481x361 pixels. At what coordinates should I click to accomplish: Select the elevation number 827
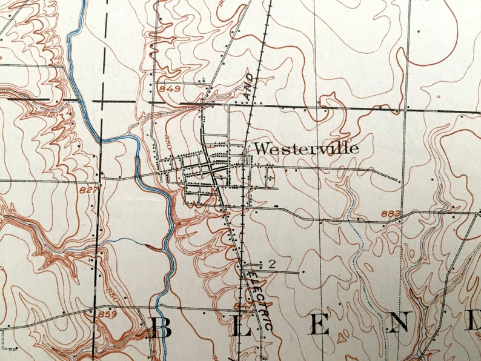[x=87, y=190]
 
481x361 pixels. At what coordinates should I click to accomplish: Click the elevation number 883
[x=392, y=213]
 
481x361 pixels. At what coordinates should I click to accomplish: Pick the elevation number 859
[x=107, y=315]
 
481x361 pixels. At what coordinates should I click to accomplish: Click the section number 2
[x=271, y=263]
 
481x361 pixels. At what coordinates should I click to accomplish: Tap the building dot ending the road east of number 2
[x=301, y=272]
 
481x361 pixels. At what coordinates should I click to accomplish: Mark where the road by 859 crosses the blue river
[x=159, y=308]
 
